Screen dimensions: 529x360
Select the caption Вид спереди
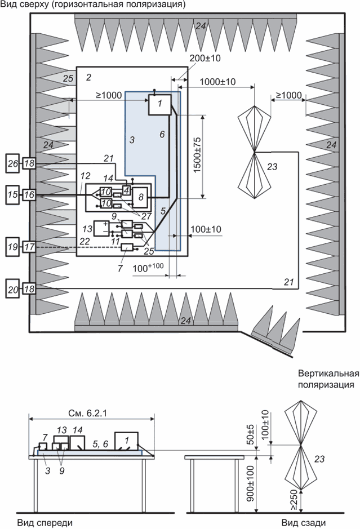pos(45,522)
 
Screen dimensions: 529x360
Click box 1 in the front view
pos(126,440)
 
